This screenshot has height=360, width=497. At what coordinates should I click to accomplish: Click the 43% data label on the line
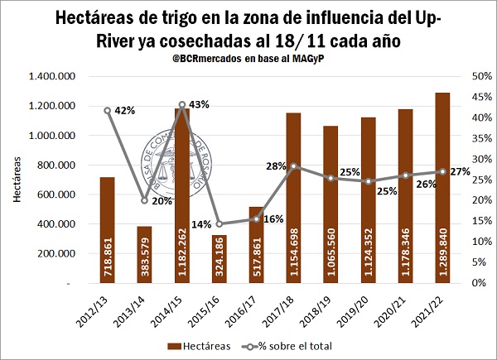199,104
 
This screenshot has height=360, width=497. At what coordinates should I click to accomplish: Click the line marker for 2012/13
108,110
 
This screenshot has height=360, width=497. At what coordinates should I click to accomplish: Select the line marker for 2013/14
144,200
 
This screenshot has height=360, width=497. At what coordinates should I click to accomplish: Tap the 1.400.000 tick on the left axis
50,76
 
